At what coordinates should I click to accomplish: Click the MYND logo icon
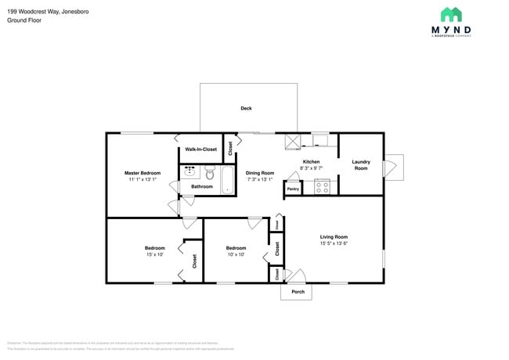pos(450,15)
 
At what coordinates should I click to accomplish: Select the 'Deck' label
pos(246,109)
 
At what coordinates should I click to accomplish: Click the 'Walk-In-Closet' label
pos(200,149)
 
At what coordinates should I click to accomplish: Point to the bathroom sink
pos(190,172)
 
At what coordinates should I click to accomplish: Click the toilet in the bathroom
pos(209,172)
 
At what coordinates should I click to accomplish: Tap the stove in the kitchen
pos(321,186)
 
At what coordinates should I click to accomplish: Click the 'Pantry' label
pos(293,189)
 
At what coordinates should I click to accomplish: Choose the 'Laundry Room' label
pos(360,164)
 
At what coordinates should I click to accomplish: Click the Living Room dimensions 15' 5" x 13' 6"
pos(334,243)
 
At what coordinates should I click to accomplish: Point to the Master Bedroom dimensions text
pos(142,179)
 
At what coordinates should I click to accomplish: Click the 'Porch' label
pos(298,292)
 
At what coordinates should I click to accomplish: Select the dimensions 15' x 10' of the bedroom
pos(154,254)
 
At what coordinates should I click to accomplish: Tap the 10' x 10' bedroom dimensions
pos(236,254)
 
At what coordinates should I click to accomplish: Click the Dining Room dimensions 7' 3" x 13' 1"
pos(259,179)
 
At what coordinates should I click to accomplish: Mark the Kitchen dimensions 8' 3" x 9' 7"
pos(311,168)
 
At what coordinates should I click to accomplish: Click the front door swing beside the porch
pos(294,275)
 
